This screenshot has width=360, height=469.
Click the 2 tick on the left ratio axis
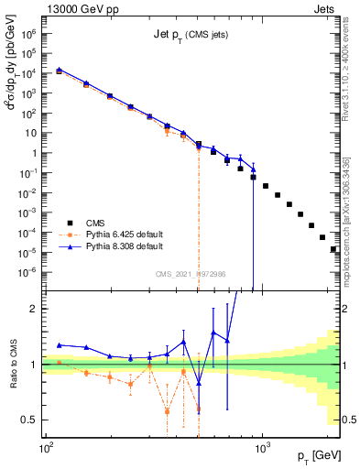pyautogui.click(x=38, y=310)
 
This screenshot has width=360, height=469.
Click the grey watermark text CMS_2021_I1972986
pyautogui.click(x=191, y=274)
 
